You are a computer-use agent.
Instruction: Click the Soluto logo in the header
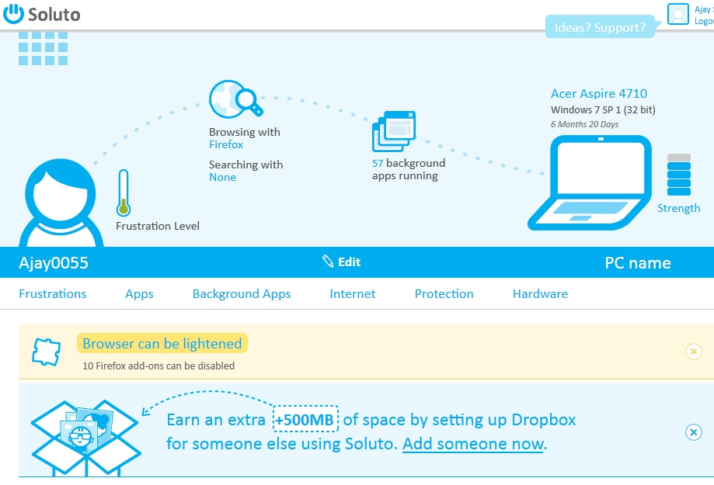42,14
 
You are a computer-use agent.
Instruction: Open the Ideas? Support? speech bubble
601,27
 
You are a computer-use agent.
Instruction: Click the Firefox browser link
226,144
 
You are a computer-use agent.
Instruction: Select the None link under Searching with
222,177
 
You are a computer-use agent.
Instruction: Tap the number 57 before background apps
378,163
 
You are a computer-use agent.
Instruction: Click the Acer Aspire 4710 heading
598,94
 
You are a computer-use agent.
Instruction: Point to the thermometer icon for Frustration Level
123,192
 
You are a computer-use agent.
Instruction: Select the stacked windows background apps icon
395,131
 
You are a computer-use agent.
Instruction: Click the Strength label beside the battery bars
678,208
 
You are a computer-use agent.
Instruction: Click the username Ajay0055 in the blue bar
54,263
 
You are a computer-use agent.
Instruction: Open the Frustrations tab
53,294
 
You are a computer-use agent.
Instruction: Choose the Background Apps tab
242,294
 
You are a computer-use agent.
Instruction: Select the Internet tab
352,294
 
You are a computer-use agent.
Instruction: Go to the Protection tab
444,294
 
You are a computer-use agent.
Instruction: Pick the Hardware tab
540,294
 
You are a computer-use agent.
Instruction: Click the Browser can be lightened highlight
162,343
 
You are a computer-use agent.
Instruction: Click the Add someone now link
472,444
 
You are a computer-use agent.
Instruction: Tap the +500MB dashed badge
306,420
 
